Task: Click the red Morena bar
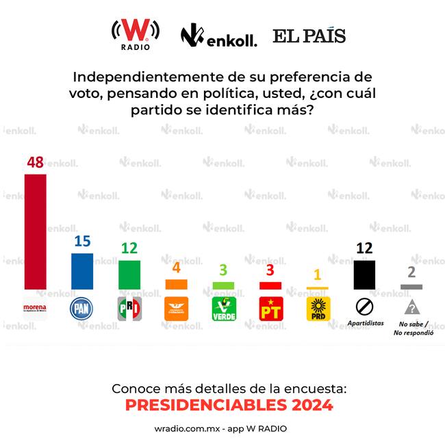(x=35, y=231)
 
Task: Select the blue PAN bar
(x=82, y=271)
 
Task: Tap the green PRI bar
(x=129, y=275)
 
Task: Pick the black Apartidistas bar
(x=364, y=274)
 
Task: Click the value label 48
(x=35, y=162)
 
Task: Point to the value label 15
(x=82, y=242)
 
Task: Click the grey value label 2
(x=411, y=272)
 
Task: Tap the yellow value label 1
(x=317, y=275)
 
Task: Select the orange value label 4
(x=176, y=268)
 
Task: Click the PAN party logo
(x=82, y=309)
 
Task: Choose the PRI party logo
(x=129, y=309)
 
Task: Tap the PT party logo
(x=270, y=309)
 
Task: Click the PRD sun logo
(x=318, y=309)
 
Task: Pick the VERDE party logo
(x=223, y=309)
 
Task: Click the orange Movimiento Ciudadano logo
(x=177, y=309)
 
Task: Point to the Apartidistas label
(x=365, y=322)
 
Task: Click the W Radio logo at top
(x=136, y=34)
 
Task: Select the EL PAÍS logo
(x=309, y=36)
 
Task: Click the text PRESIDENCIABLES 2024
(x=229, y=405)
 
